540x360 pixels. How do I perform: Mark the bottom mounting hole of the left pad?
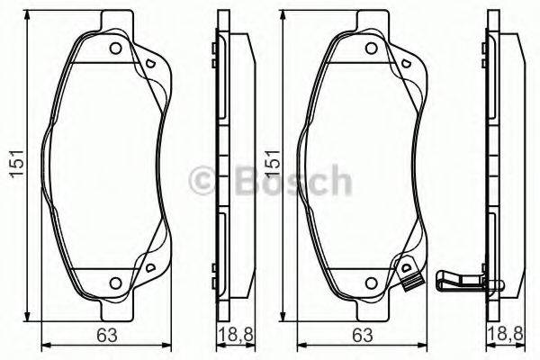115,283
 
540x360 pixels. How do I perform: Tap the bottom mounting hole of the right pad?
369,283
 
